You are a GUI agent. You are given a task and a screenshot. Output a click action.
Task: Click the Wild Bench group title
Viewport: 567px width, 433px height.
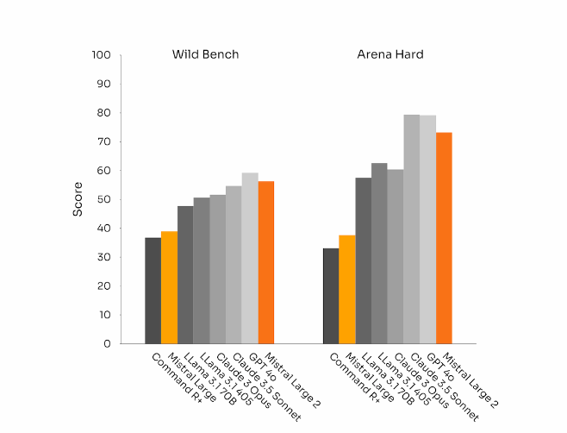[x=205, y=55]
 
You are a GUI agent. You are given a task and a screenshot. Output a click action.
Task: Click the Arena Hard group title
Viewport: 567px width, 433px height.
[x=390, y=55]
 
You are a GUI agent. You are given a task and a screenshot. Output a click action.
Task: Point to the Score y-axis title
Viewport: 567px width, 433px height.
[x=78, y=199]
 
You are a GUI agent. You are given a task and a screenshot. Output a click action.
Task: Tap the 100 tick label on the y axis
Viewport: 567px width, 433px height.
[x=101, y=55]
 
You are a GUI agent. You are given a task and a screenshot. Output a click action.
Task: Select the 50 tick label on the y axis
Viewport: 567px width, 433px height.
[x=103, y=199]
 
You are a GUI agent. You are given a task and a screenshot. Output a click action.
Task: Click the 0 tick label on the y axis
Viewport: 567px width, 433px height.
[x=107, y=343]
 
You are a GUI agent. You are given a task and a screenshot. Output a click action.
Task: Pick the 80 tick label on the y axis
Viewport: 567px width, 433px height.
[x=103, y=113]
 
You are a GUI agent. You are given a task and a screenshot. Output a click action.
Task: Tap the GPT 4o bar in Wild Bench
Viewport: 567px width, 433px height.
[x=250, y=258]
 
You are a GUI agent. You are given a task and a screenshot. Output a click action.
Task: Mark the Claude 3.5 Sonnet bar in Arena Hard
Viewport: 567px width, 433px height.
[x=412, y=229]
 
